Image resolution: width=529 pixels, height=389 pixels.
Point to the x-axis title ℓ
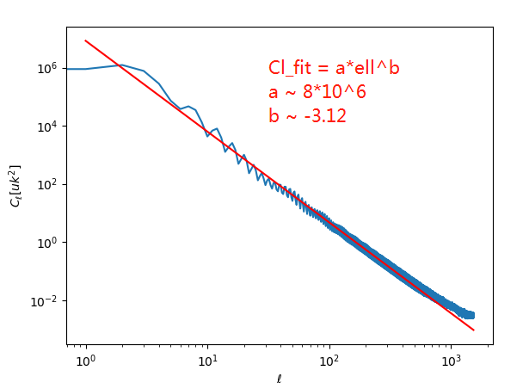pos(279,378)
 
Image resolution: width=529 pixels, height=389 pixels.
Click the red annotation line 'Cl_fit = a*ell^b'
pos(334,69)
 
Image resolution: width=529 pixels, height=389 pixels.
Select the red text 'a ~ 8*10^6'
pos(317,92)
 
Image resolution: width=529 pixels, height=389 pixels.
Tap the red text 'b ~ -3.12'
pos(307,116)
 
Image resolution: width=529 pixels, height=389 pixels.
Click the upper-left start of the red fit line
pos(85,40)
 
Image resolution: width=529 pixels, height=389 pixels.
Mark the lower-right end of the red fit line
pos(473,330)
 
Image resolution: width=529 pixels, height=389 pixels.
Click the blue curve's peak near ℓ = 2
pos(121,65)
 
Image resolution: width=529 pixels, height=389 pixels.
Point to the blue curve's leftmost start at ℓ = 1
pos(85,69)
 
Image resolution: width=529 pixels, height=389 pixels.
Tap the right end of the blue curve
pos(472,315)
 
